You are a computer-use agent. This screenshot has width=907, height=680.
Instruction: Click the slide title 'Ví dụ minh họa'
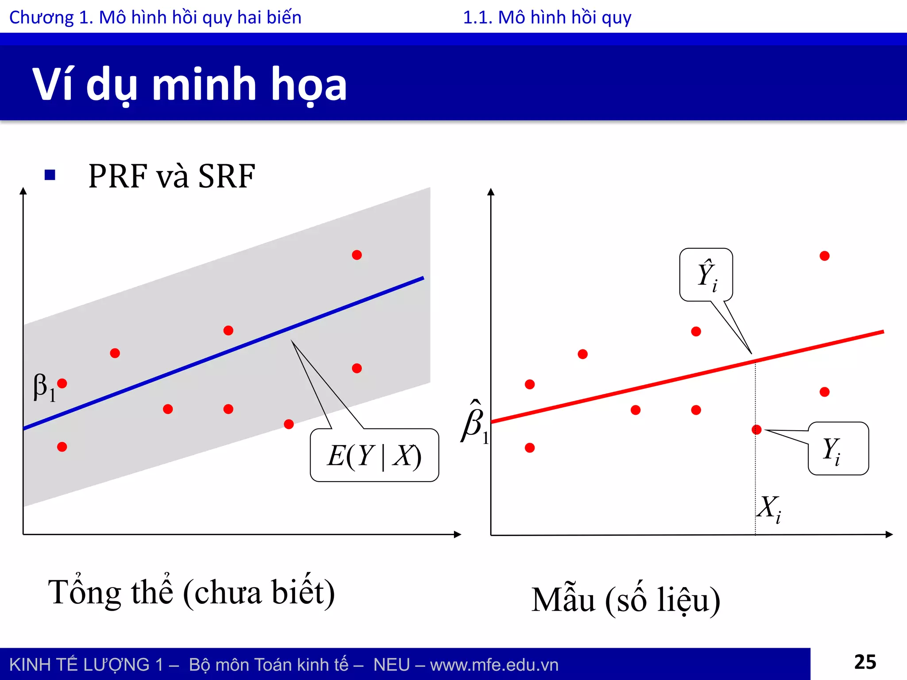(190, 84)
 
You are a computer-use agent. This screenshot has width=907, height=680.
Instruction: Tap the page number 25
(864, 662)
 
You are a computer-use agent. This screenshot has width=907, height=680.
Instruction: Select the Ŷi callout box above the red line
(706, 275)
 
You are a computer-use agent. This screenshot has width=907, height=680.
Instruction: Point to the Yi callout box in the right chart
(838, 448)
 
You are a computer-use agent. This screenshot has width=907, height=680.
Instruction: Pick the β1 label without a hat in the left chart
(43, 387)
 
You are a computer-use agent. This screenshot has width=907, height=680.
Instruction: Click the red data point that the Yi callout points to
(756, 429)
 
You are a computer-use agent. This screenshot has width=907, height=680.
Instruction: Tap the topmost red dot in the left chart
(357, 255)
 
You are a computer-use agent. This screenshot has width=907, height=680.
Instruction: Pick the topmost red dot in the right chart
(824, 256)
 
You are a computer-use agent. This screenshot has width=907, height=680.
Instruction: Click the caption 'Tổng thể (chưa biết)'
(191, 592)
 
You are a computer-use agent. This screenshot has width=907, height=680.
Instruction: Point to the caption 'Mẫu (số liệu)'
(625, 600)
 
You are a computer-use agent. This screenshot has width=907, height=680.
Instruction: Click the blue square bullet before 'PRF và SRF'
(50, 175)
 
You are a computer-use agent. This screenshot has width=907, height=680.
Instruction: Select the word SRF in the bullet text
(226, 176)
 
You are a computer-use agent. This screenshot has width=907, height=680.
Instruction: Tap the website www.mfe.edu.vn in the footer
(494, 665)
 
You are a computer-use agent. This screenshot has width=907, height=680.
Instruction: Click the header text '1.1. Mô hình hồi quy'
(547, 18)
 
